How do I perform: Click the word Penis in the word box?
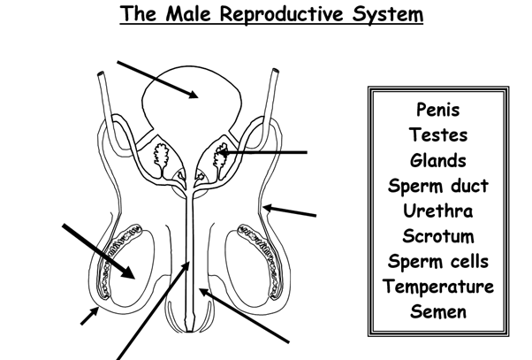(437, 111)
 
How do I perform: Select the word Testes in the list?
(437, 136)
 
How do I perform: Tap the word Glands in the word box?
(437, 161)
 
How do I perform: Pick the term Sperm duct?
(437, 187)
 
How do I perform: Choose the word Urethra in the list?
(437, 211)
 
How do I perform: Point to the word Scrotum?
(437, 237)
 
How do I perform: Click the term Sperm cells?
(437, 262)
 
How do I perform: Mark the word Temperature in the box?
(437, 287)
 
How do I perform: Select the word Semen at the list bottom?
(437, 312)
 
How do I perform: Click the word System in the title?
(387, 15)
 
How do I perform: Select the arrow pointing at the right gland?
(265, 153)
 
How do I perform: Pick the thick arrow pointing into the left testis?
(98, 250)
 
